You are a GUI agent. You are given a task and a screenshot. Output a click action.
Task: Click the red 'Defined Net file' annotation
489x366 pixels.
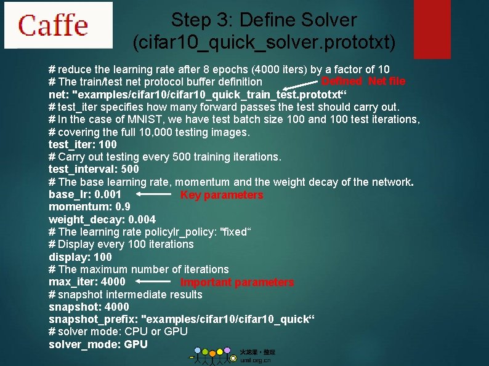pos(363,81)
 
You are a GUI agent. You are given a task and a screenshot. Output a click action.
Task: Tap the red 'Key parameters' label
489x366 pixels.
pos(221,195)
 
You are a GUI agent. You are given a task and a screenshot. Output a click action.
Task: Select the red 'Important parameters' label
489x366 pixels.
pos(236,282)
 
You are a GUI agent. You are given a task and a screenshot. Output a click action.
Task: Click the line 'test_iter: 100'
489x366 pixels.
pos(83,145)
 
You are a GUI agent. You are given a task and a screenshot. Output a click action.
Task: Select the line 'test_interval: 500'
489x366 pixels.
pos(94,169)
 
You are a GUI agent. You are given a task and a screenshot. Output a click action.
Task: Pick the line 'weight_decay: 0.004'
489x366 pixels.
pos(102,220)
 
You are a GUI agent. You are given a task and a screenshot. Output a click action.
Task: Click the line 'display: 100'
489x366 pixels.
pos(80,257)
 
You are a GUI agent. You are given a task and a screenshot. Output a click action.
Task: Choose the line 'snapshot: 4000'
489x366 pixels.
pos(89,306)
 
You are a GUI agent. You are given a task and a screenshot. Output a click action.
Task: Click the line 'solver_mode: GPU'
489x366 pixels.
pos(98,344)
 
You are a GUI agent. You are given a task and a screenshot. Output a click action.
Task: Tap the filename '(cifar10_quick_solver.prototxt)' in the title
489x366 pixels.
pos(264,42)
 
